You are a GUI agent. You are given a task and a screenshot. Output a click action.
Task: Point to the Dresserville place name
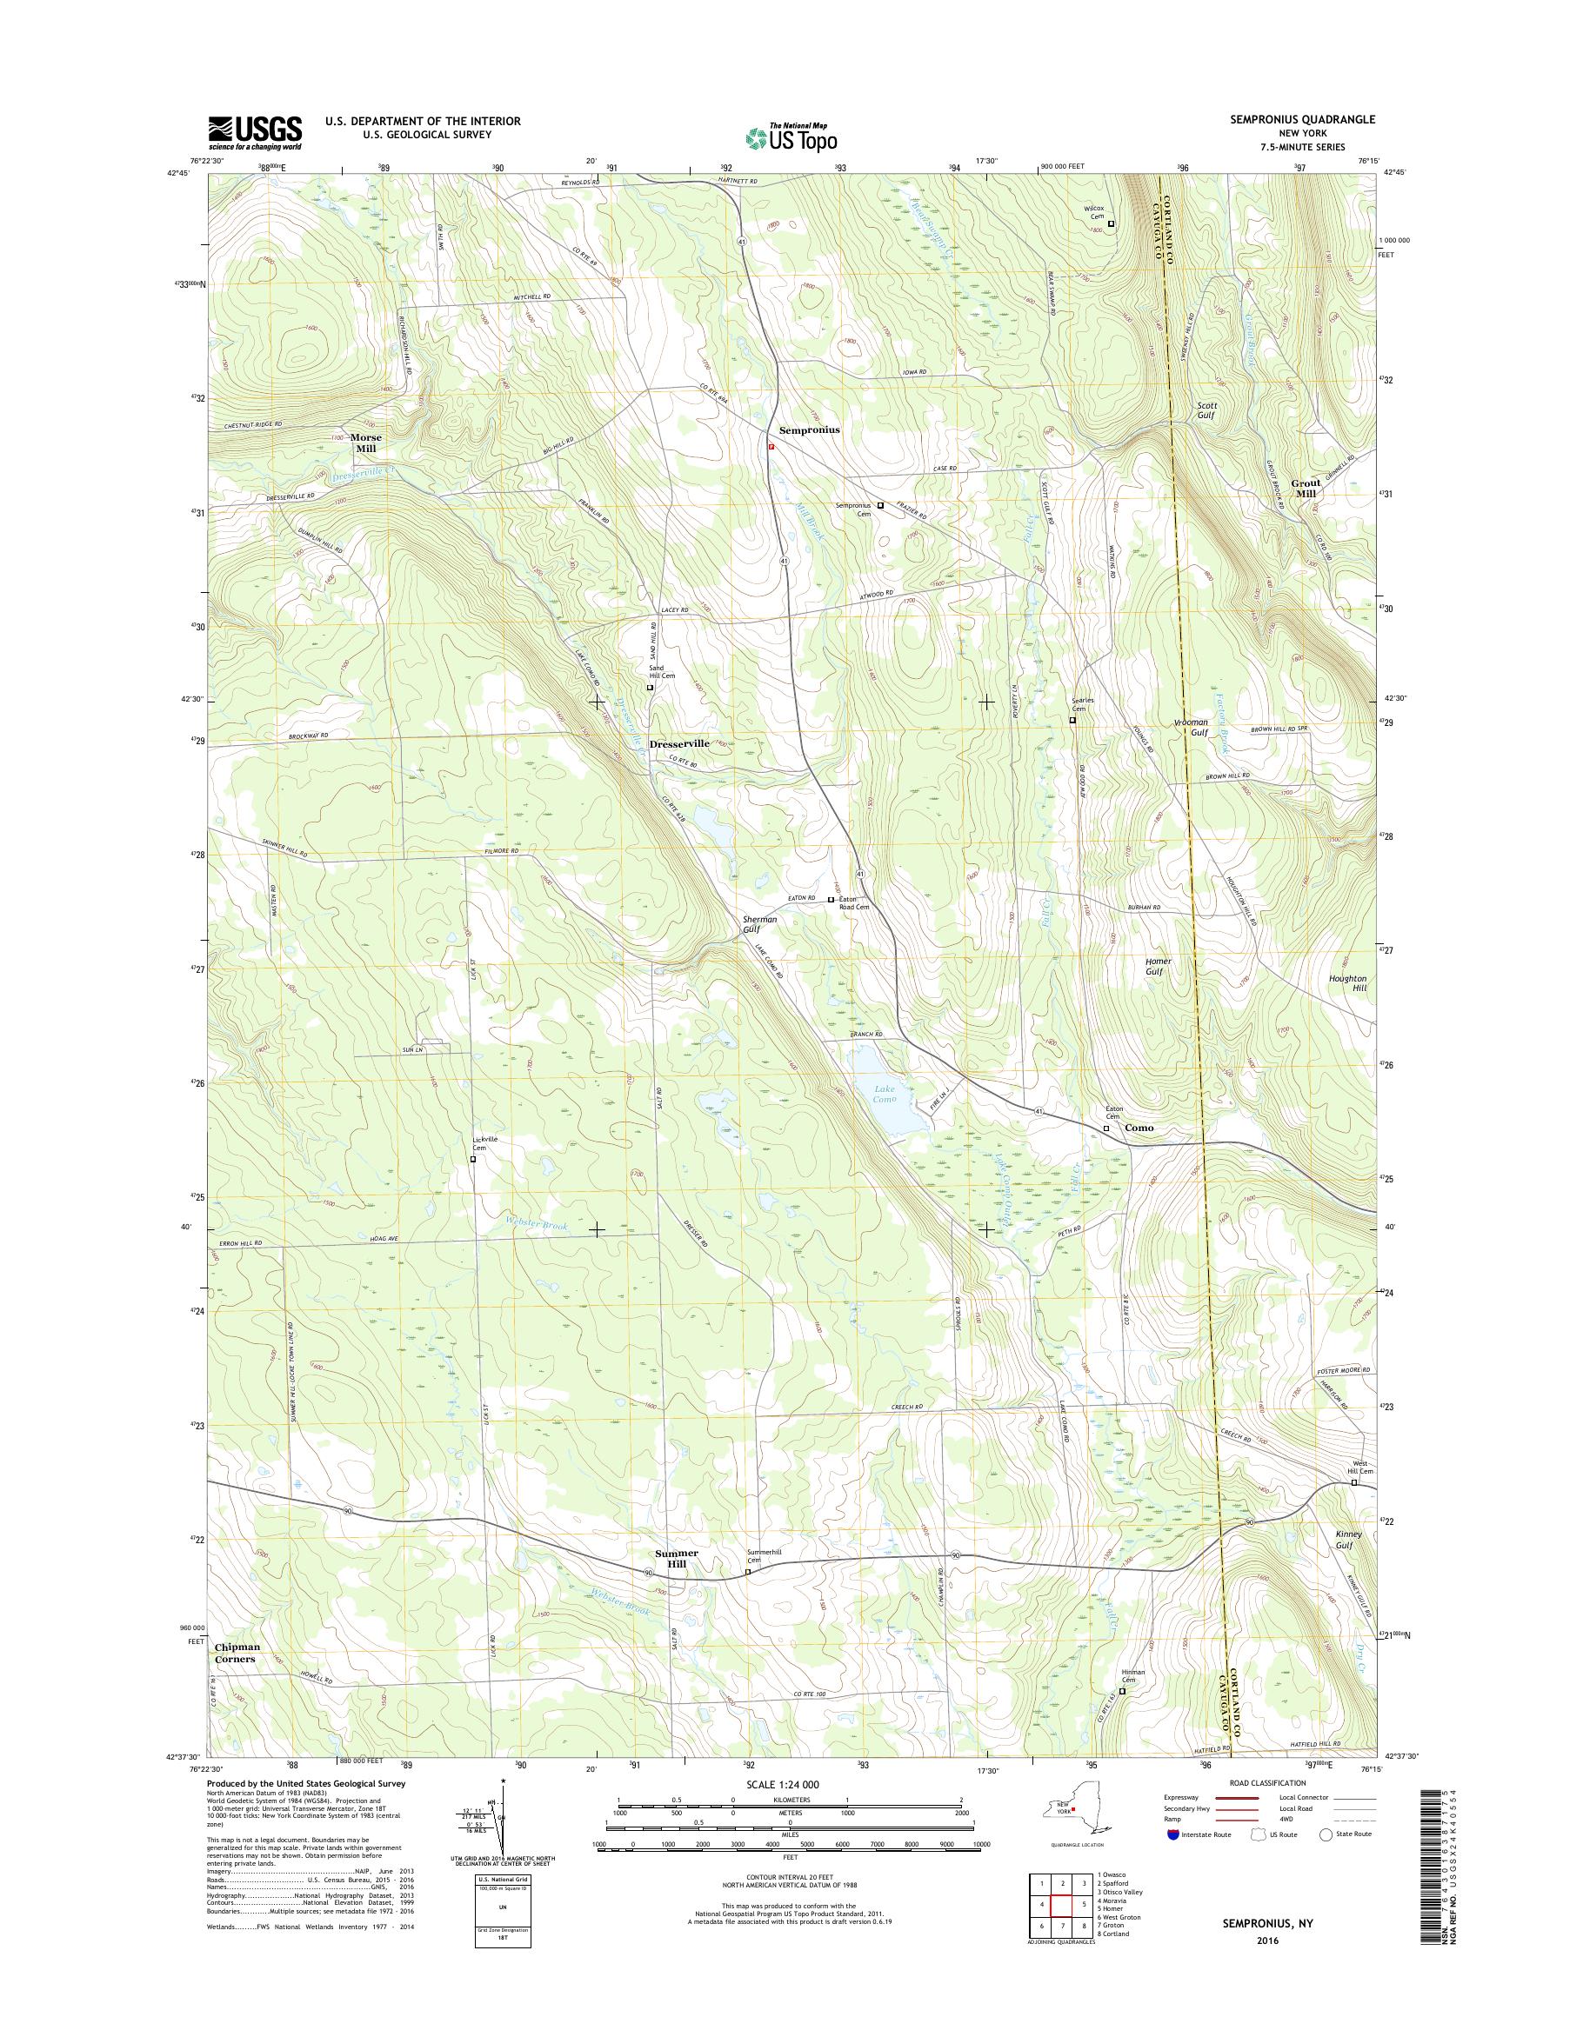point(679,743)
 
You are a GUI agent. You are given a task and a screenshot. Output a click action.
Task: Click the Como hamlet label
point(1139,1128)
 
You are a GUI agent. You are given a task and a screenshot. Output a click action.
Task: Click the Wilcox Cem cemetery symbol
point(1112,223)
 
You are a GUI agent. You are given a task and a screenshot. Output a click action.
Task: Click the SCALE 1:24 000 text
point(790,1783)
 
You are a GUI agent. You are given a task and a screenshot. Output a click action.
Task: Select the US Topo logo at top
point(791,137)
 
